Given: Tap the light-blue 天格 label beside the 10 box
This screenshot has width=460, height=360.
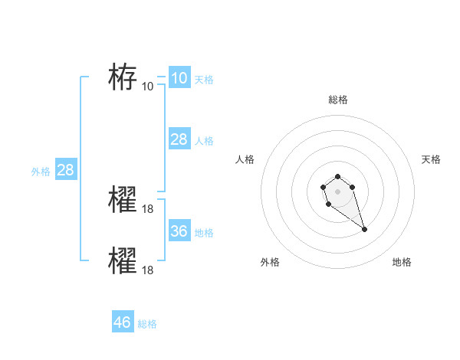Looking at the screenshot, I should [x=204, y=79].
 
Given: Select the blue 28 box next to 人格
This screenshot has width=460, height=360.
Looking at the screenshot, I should [x=179, y=139].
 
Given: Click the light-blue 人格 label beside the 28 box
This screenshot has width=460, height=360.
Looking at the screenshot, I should [x=204, y=141].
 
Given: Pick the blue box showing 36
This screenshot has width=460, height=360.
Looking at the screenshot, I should [x=179, y=231].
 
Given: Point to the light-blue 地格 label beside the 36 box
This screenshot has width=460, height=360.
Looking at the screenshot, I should [x=204, y=233].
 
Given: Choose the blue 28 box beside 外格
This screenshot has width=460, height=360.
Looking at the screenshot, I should [x=65, y=169].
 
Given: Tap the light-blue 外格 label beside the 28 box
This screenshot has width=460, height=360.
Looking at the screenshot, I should [x=41, y=172].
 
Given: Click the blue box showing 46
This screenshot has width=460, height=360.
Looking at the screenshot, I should [x=122, y=322].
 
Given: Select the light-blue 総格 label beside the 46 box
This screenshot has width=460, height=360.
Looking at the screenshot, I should [x=147, y=324].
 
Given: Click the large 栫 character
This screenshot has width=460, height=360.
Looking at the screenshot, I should [x=123, y=77].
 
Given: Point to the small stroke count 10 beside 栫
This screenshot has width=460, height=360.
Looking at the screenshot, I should [x=148, y=86].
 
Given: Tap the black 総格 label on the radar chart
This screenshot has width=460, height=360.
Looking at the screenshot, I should [x=337, y=100].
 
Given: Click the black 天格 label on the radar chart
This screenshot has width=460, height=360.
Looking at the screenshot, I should [x=431, y=159].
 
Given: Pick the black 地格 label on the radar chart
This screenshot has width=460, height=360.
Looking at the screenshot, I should [x=402, y=262].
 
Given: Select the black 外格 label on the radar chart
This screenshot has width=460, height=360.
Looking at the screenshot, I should [x=270, y=262].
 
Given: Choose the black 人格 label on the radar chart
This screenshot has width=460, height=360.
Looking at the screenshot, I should [x=245, y=159].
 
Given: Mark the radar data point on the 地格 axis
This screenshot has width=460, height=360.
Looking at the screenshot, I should [x=364, y=229].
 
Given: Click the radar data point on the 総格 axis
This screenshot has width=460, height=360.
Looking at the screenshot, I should [x=337, y=177].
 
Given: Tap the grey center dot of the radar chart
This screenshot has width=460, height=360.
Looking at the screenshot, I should [x=337, y=190].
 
